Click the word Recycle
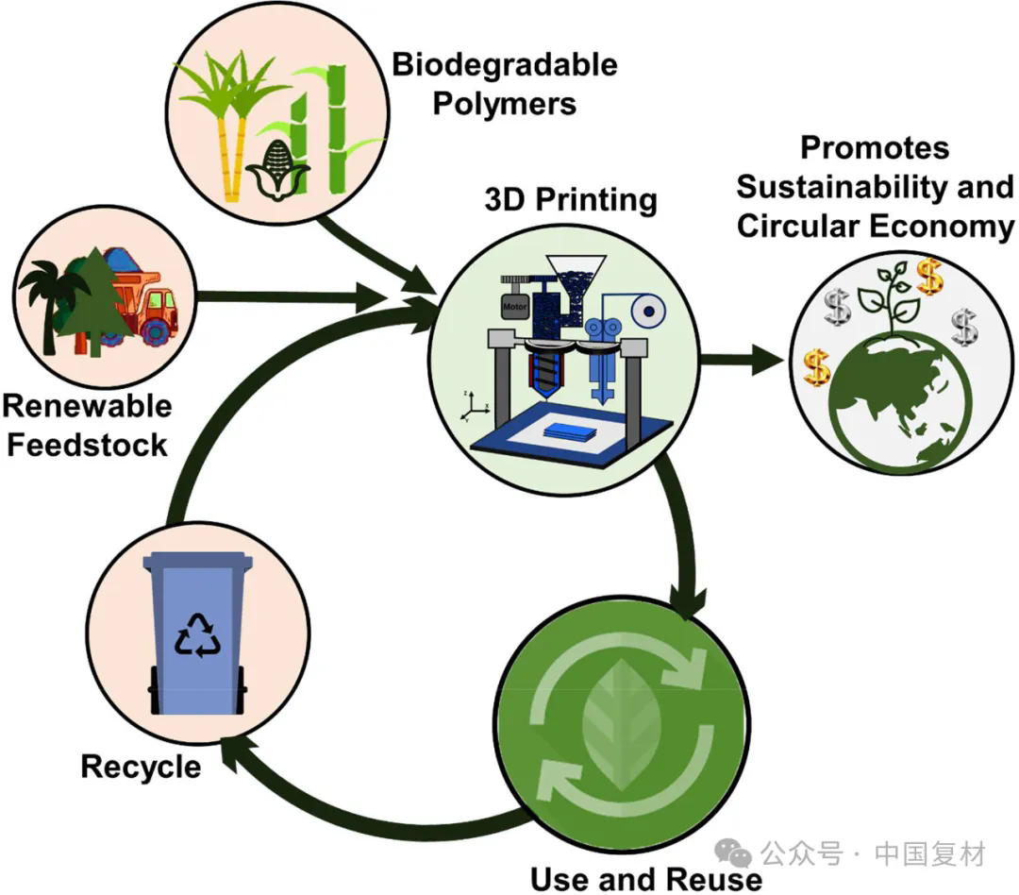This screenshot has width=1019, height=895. pyautogui.click(x=141, y=766)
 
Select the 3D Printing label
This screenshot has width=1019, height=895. pyautogui.click(x=570, y=200)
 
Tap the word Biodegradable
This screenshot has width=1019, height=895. pyautogui.click(x=505, y=64)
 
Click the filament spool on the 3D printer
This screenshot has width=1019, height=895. pyautogui.click(x=648, y=309)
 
